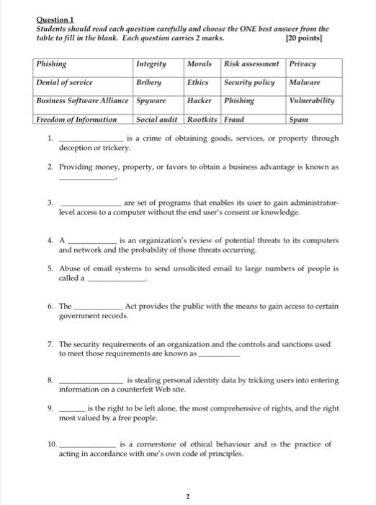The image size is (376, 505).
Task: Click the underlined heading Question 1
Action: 54,19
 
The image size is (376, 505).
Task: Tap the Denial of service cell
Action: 66,82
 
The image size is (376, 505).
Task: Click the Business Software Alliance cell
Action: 82,100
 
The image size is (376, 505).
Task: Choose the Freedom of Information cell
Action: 76,119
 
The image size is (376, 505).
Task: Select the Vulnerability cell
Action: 311,100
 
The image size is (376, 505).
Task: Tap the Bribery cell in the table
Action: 149,82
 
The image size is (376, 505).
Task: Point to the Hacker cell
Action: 200,100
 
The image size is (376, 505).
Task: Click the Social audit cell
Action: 157,119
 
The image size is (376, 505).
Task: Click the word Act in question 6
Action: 131,307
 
